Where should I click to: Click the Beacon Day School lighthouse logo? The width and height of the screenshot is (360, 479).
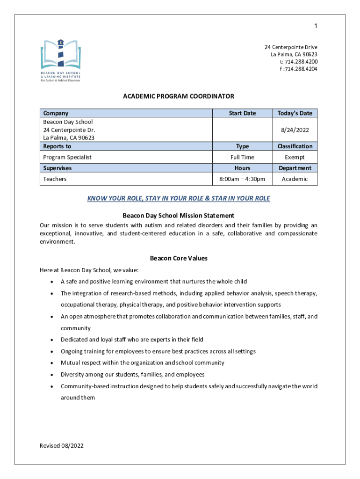pos(60,60)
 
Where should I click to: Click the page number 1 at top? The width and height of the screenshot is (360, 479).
pos(316,26)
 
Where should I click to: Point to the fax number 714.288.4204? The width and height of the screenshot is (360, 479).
pos(300,69)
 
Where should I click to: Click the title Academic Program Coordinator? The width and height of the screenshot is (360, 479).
pos(178,96)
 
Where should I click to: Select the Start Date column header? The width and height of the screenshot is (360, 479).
pos(242,113)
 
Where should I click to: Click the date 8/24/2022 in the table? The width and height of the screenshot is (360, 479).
pos(295,130)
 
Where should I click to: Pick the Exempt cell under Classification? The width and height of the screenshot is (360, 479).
pos(295,157)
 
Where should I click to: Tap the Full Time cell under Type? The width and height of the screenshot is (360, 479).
pos(242,157)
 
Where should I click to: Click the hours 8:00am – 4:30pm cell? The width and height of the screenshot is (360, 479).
pos(242,179)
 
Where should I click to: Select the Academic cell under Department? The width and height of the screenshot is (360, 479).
pos(295,179)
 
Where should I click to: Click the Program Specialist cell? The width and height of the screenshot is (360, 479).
pos(67,157)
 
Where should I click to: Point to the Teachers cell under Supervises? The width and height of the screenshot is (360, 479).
pos(55,179)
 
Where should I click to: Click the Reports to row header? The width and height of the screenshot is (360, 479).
pos(57,146)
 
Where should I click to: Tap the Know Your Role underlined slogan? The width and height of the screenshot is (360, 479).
pos(178,198)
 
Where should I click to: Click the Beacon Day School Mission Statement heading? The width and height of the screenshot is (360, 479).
pos(178,216)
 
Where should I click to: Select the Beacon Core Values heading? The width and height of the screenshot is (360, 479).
pos(178,258)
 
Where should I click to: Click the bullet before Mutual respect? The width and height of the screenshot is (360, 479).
pos(50,363)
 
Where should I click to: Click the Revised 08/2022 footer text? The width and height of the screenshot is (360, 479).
pos(62,446)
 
